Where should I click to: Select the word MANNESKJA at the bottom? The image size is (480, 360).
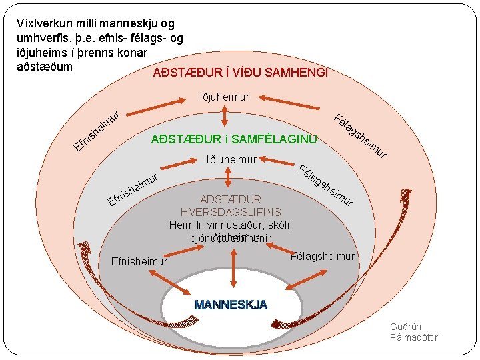(x=231, y=305)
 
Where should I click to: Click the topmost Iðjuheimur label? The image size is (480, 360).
(x=225, y=97)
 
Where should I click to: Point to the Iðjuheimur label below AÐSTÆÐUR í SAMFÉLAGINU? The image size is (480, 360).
(x=231, y=160)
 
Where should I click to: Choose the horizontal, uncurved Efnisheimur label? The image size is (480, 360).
(x=139, y=261)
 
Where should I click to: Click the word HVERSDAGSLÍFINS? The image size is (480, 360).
(x=231, y=212)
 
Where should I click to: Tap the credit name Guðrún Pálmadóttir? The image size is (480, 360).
(x=413, y=332)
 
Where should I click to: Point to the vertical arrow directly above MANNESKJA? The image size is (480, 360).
(x=233, y=270)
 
